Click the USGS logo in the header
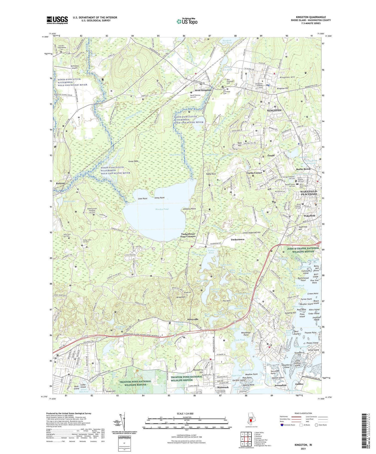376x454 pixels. [57, 20]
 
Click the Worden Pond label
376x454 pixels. [162, 209]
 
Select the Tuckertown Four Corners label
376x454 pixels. [188, 235]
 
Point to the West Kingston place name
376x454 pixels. [203, 90]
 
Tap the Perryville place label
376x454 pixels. [193, 320]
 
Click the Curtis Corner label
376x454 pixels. [254, 173]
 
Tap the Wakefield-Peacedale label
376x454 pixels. [309, 193]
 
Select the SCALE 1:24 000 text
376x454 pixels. [186, 413]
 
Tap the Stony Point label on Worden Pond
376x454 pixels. [159, 198]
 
